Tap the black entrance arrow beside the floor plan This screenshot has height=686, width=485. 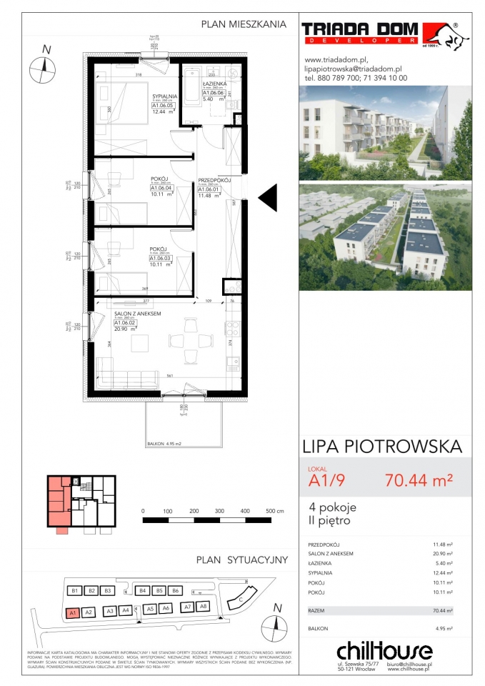point(267,197)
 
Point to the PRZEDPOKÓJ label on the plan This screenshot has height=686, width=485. point(214,181)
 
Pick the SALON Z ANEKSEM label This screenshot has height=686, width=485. point(138,313)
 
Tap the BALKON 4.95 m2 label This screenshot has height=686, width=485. point(164,444)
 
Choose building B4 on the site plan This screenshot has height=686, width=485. point(143,591)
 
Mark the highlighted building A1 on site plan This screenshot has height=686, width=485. point(71,612)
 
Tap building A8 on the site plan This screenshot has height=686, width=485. point(203,606)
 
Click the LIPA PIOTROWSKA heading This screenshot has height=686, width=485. point(382,447)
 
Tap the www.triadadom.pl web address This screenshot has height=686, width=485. point(335,60)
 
